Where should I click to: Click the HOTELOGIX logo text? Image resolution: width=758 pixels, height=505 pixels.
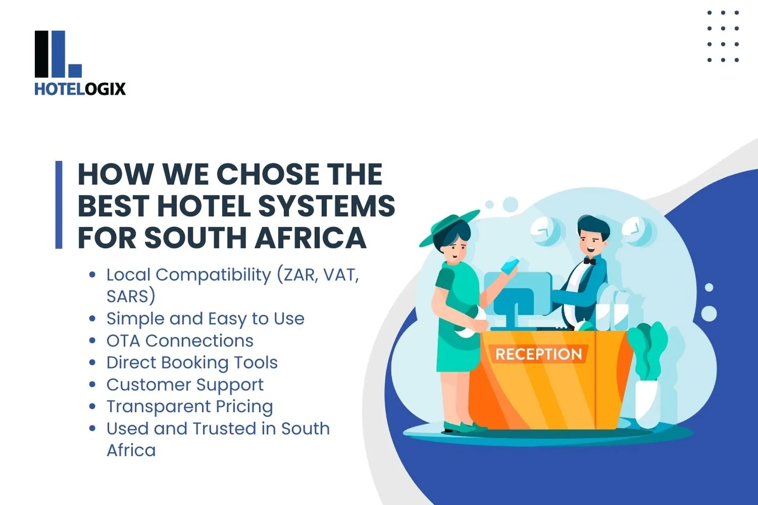tap(80, 89)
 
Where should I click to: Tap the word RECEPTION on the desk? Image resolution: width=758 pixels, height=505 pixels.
tap(538, 354)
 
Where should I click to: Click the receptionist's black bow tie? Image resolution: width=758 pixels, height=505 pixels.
tap(589, 261)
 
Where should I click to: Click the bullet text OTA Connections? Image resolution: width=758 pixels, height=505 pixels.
tap(179, 341)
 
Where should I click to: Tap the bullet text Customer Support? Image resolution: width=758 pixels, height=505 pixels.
tap(184, 385)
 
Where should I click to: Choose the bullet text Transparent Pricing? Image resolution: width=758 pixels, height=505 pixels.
tap(189, 407)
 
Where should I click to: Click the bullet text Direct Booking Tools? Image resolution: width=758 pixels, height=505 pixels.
tap(192, 363)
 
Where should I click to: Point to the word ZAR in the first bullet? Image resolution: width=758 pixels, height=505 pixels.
tap(299, 275)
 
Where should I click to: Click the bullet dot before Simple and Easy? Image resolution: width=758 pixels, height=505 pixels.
tap(92, 319)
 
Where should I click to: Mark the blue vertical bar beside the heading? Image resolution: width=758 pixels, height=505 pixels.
tap(59, 205)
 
